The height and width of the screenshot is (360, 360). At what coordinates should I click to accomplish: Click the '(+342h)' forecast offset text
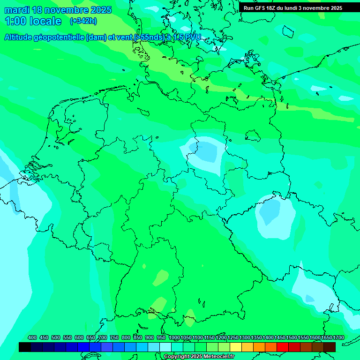pyautogui.click(x=83, y=21)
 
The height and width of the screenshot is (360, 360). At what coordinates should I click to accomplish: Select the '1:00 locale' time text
pyautogui.click(x=33, y=21)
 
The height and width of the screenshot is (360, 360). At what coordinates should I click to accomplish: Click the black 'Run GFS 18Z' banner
pyautogui.click(x=293, y=8)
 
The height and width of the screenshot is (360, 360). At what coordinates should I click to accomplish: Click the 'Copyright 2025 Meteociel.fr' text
pyautogui.click(x=199, y=357)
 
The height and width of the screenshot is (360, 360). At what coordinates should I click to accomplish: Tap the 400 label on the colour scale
pyautogui.click(x=32, y=338)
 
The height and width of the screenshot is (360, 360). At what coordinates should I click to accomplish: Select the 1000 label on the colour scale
pyautogui.click(x=174, y=338)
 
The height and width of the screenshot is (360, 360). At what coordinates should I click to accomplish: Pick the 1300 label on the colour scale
pyautogui.click(x=244, y=338)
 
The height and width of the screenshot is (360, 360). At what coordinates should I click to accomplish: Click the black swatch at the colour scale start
pyautogui.click(x=25, y=347)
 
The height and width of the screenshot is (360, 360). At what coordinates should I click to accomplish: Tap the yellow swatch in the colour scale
pyautogui.click(x=236, y=347)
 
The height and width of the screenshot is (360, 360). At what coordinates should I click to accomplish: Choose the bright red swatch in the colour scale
pyautogui.click(x=283, y=347)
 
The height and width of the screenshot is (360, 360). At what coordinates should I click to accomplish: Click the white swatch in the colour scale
pyautogui.click(x=165, y=347)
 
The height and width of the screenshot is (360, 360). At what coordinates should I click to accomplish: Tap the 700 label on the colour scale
pyautogui.click(x=103, y=338)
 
